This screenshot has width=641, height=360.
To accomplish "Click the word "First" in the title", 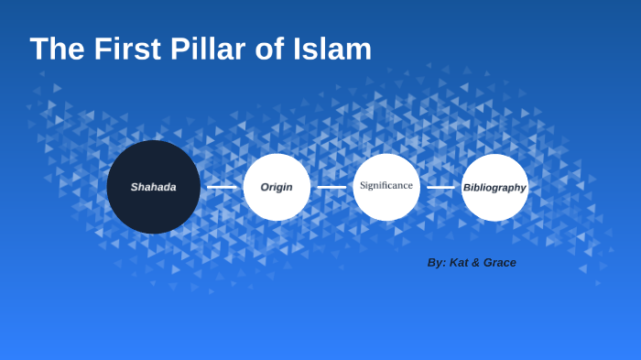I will pyautogui.click(x=127, y=49).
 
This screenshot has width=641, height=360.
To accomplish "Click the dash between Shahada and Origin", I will pyautogui.click(x=222, y=187).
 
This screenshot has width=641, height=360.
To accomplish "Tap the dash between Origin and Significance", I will pyautogui.click(x=331, y=187).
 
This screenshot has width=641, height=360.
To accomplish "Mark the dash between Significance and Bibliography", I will pyautogui.click(x=440, y=187).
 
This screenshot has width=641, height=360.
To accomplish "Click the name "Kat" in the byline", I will pyautogui.click(x=460, y=263).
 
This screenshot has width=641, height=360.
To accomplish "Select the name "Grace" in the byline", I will pyautogui.click(x=501, y=263).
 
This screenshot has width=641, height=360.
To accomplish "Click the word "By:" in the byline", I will pyautogui.click(x=437, y=263).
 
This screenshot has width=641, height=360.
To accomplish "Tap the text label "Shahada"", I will pyautogui.click(x=153, y=187).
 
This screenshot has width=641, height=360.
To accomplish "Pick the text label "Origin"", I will pyautogui.click(x=277, y=187).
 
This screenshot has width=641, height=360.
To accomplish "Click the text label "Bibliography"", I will pyautogui.click(x=494, y=188).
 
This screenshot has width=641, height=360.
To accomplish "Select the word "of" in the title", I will pyautogui.click(x=269, y=49).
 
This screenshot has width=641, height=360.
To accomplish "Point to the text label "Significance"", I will pyautogui.click(x=386, y=185).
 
